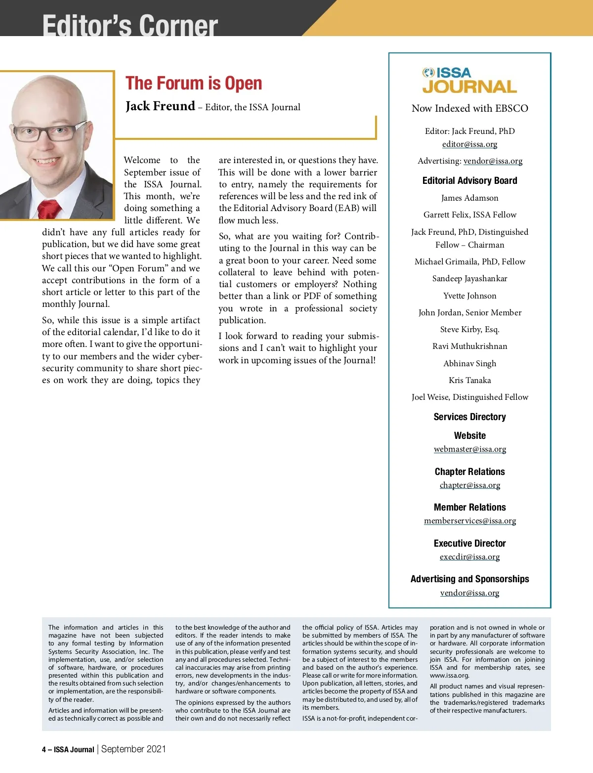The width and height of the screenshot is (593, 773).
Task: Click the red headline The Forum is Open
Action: (x=194, y=83)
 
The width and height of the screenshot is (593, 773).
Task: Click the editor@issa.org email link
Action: (x=469, y=144)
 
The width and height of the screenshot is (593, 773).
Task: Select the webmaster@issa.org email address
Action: (x=470, y=449)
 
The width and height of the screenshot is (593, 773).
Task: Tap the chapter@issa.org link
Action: (x=470, y=485)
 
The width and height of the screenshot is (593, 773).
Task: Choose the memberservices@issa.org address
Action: (x=470, y=521)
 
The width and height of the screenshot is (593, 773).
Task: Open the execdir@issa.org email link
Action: (x=470, y=557)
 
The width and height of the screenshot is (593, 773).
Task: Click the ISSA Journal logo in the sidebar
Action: (x=469, y=81)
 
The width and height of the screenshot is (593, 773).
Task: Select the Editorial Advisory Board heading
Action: (x=469, y=181)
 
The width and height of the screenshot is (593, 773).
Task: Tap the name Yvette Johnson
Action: (x=469, y=296)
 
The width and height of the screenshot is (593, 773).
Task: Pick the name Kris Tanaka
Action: (x=469, y=381)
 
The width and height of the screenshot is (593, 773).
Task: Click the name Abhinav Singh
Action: (x=469, y=364)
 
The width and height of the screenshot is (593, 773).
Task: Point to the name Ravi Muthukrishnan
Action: (x=469, y=346)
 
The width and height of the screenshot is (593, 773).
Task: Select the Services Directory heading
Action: (x=469, y=417)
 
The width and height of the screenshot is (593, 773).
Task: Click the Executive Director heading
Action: (x=469, y=544)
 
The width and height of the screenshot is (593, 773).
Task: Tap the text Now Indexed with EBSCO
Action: (x=469, y=109)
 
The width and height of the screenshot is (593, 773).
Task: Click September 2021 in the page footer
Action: (x=133, y=749)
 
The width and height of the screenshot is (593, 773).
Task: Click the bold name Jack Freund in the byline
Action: (x=160, y=106)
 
